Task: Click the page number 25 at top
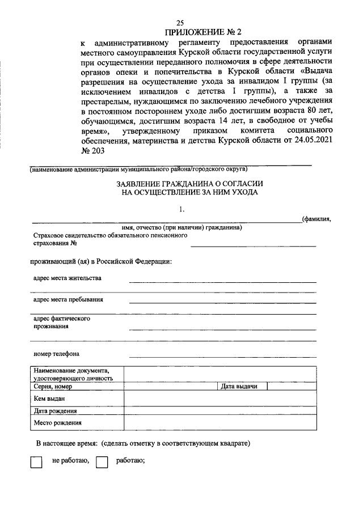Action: coord(181,23)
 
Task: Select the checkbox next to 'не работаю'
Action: coord(36,462)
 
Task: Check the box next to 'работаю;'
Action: coord(102,462)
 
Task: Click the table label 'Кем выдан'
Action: coord(49,399)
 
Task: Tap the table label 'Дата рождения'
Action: coord(55,411)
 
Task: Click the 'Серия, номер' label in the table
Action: coord(53,387)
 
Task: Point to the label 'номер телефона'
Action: coord(56,354)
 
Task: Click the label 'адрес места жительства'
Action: coord(67,279)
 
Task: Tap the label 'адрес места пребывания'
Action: coord(68,299)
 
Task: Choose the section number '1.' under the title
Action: coord(181,209)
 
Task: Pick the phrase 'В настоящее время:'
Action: coord(66,442)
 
